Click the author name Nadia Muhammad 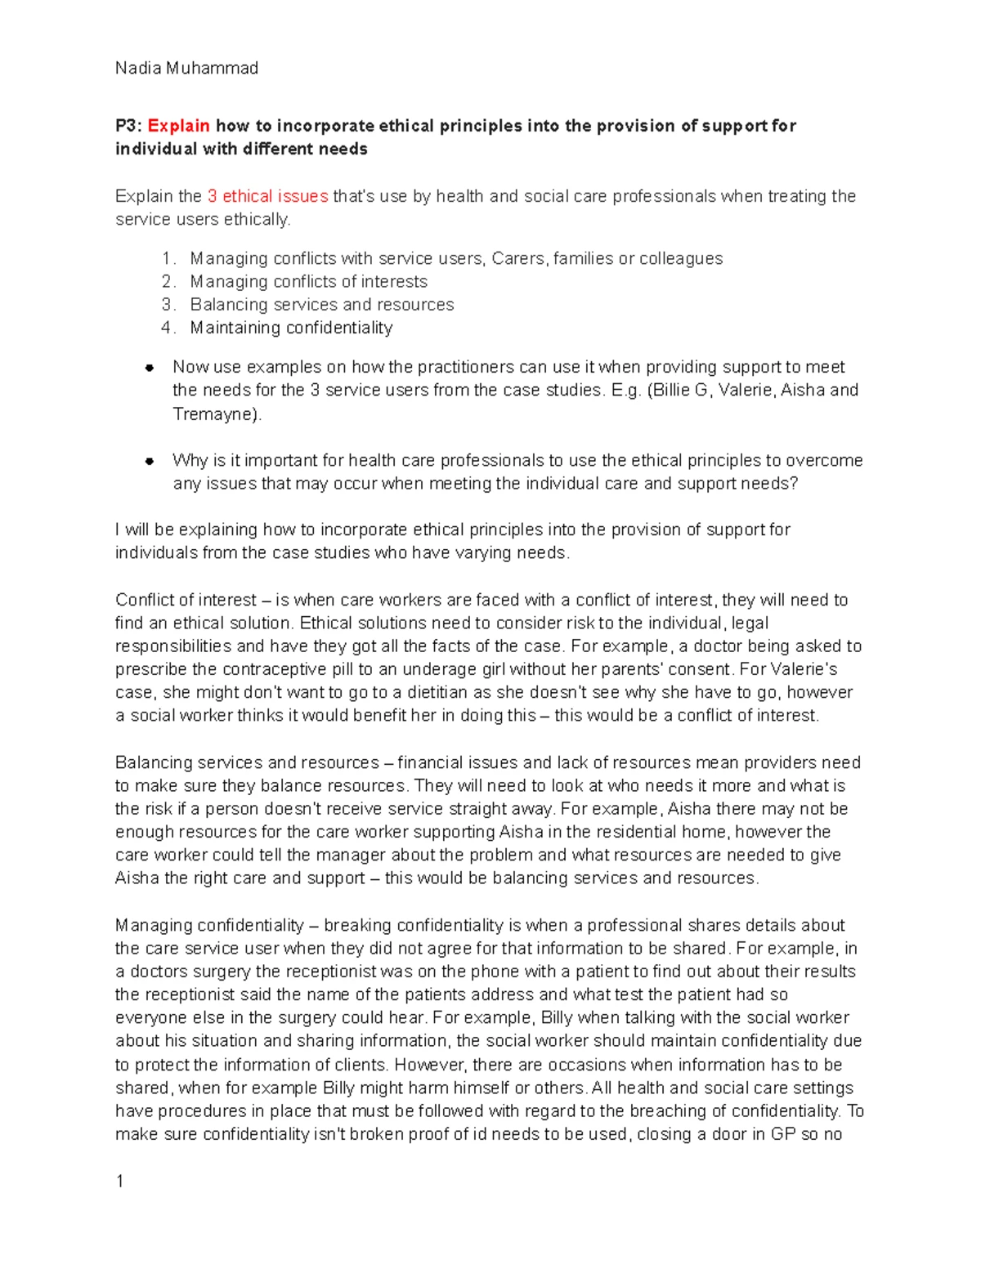click(186, 69)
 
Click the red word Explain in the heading click(178, 126)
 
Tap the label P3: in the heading click(128, 126)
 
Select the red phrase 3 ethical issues click(267, 196)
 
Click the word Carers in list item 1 click(518, 259)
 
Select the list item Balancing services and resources click(322, 305)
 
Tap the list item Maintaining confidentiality click(291, 328)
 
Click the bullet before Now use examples click(150, 368)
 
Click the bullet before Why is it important click(150, 461)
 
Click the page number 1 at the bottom click(120, 1182)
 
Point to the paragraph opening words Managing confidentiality click(209, 926)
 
